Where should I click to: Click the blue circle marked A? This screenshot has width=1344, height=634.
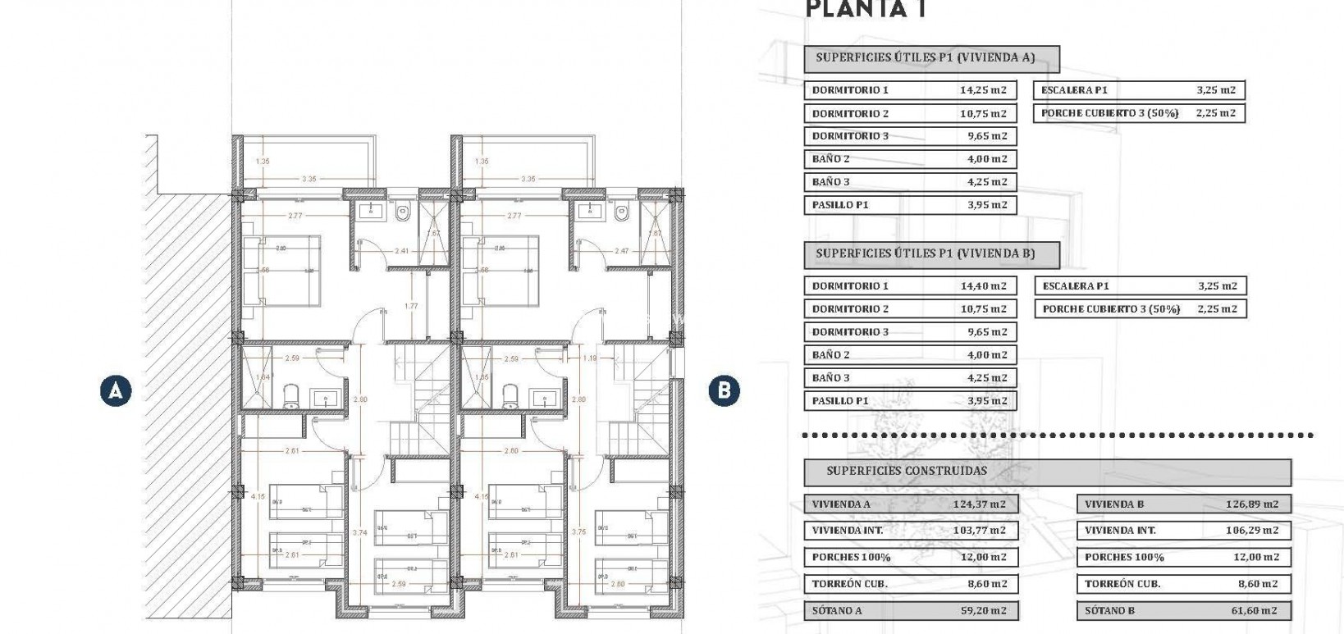116,390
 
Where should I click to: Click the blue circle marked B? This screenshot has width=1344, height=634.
724,390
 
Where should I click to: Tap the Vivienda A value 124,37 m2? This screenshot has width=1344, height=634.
979,504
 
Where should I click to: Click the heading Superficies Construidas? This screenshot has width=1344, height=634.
907,471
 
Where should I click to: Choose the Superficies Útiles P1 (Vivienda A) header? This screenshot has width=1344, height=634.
925,58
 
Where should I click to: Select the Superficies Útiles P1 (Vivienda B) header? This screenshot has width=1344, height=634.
925,254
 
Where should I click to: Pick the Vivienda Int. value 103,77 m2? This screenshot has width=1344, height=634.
979,531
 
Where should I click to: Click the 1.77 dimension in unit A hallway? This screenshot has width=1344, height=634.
411,307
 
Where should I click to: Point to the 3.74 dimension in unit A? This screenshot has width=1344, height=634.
359,533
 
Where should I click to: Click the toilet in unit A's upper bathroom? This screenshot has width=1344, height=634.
402,213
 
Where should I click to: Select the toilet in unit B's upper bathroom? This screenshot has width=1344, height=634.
622,213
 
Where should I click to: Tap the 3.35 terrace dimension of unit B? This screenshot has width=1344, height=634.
528,179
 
